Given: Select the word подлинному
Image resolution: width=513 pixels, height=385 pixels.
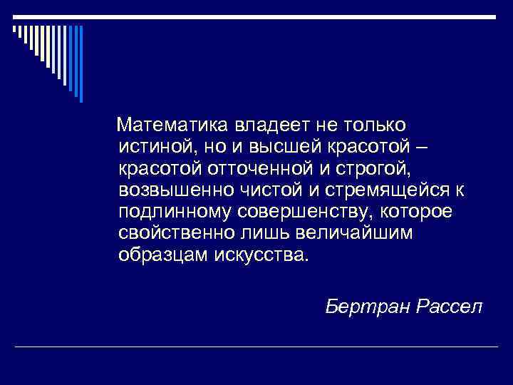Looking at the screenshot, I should tap(177, 212).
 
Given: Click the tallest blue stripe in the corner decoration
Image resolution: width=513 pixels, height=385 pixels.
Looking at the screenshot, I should tap(81, 64).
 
